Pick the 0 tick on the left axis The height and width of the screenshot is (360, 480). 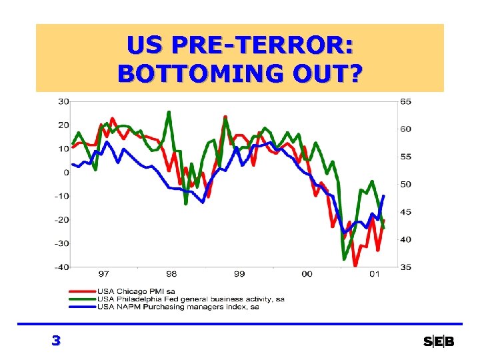[66, 172]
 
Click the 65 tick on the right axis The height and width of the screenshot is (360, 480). [406, 101]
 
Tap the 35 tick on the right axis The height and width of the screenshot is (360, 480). [406, 267]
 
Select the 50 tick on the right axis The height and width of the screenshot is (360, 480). [406, 184]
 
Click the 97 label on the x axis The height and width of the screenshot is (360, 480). [104, 274]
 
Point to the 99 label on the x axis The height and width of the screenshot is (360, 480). [239, 274]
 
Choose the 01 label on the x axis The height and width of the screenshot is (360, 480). [375, 274]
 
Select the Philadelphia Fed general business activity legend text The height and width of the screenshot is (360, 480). [191, 299]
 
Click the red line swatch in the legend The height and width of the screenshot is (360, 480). [81, 291]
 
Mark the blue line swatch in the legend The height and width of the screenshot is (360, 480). [81, 307]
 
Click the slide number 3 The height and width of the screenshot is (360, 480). [56, 341]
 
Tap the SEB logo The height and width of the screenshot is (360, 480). [439, 342]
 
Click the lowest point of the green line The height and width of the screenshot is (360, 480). [344, 259]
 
